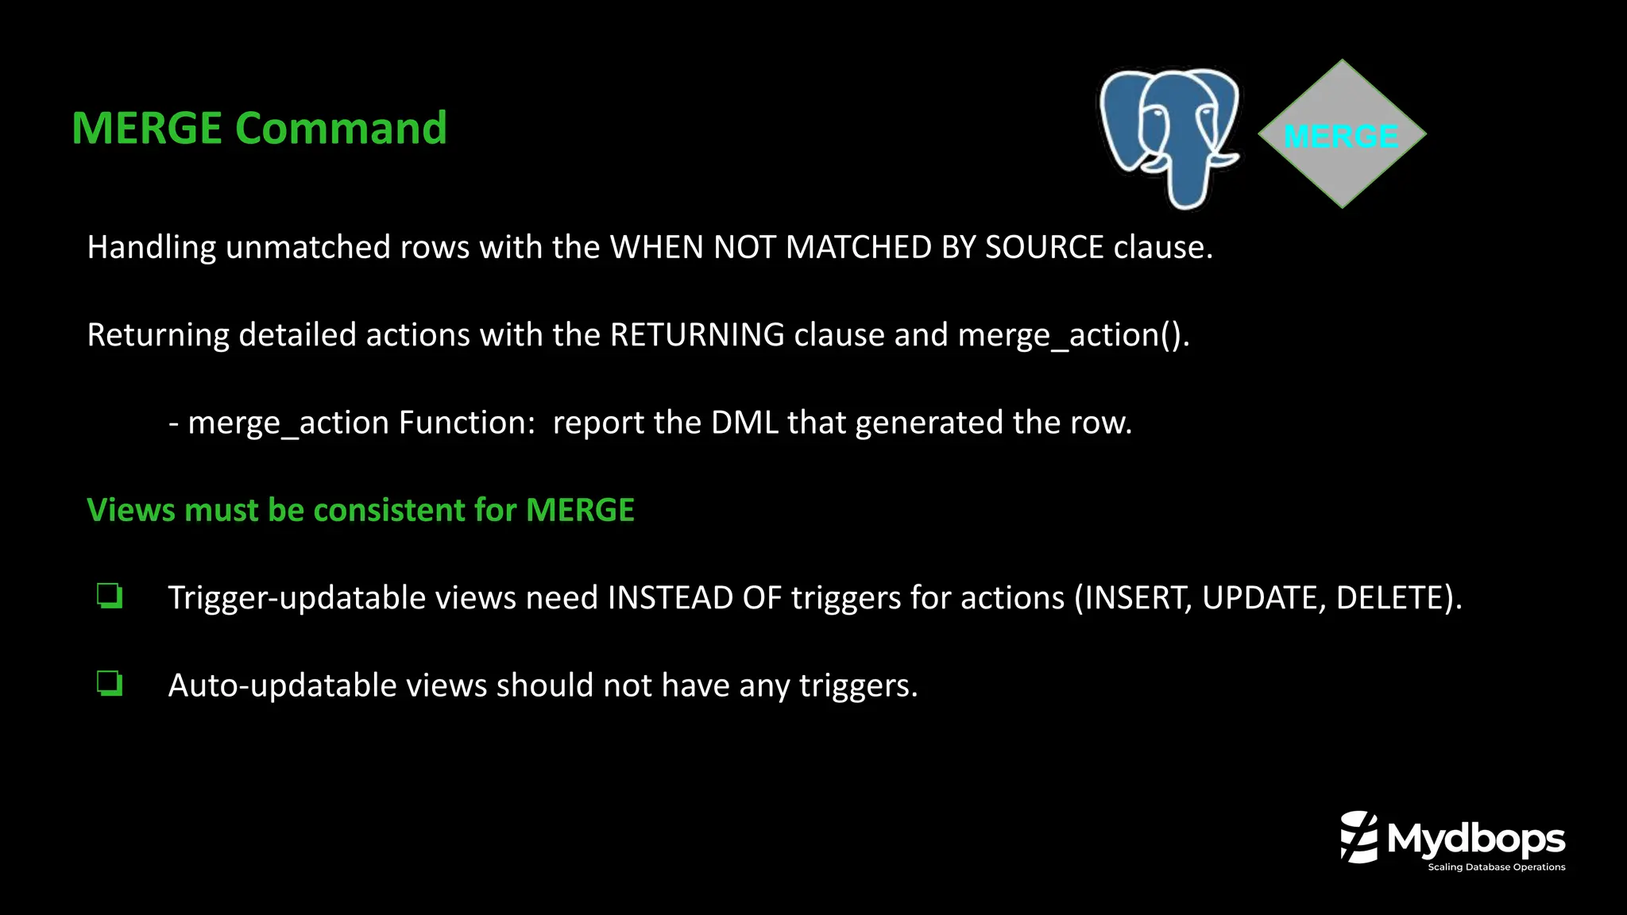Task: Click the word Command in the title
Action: click(x=341, y=128)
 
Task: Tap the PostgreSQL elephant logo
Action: click(x=1169, y=135)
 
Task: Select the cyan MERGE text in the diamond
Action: click(x=1341, y=137)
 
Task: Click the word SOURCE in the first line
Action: click(x=1044, y=247)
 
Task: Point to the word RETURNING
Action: click(x=697, y=334)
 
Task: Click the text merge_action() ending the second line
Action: click(x=1072, y=335)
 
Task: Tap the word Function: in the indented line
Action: click(x=467, y=423)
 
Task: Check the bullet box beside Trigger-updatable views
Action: click(x=110, y=596)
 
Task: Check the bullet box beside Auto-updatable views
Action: click(x=110, y=683)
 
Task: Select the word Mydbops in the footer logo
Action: click(x=1476, y=840)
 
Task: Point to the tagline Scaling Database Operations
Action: click(x=1496, y=867)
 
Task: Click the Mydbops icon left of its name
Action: click(x=1358, y=836)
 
